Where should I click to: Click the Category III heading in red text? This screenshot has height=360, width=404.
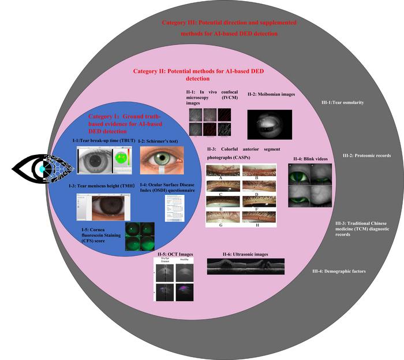point(219,28)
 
